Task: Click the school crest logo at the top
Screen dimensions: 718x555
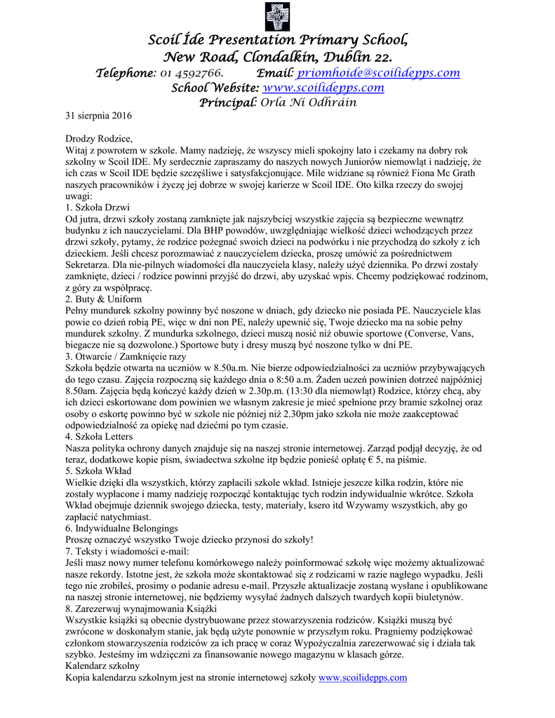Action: click(x=277, y=16)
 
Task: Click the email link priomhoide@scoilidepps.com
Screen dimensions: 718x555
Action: click(x=378, y=72)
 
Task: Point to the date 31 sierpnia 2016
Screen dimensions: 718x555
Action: click(x=98, y=115)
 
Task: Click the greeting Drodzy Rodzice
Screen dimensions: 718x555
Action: click(x=99, y=138)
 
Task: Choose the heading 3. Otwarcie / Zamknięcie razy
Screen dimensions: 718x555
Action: click(x=126, y=356)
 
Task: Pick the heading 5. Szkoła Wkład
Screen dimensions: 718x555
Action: click(x=100, y=470)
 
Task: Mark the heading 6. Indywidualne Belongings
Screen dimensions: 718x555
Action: click(x=121, y=527)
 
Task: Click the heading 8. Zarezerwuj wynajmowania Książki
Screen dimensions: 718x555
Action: click(x=131, y=609)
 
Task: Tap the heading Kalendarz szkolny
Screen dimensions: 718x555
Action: click(x=102, y=665)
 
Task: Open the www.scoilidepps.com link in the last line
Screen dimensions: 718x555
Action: click(x=363, y=677)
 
